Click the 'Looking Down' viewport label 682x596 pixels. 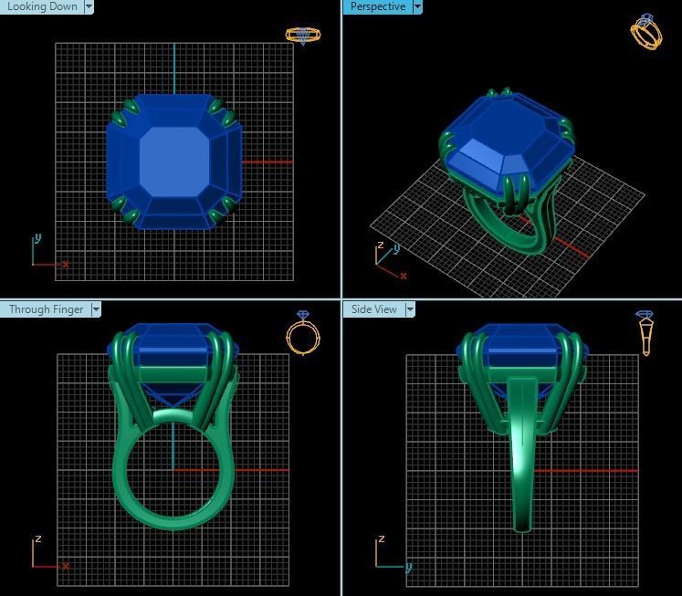(41, 6)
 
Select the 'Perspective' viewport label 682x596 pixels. (377, 6)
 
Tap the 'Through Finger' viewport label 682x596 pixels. (46, 309)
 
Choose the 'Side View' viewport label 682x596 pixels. (374, 309)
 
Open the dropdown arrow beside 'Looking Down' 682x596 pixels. (89, 6)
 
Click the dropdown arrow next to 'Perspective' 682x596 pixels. (417, 6)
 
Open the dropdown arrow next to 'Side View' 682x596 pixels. (410, 309)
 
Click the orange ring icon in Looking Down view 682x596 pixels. (302, 36)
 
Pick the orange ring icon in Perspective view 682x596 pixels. (646, 32)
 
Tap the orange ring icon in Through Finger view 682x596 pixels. (303, 333)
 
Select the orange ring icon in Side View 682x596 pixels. (645, 332)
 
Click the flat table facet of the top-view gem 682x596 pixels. (174, 161)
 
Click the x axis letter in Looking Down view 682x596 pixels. (66, 264)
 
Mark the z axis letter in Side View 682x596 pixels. (382, 538)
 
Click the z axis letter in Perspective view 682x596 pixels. (380, 246)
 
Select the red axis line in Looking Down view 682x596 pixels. (269, 162)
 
